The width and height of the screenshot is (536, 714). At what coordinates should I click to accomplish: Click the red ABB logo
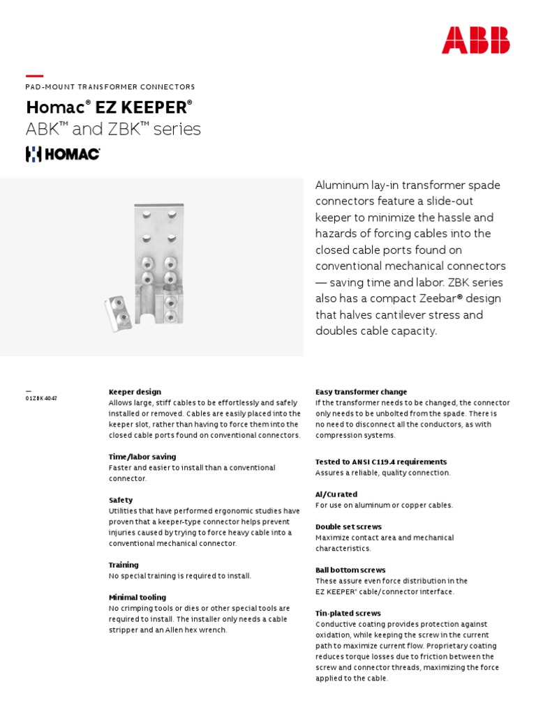point(475,40)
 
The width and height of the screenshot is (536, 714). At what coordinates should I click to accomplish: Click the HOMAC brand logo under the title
point(63,154)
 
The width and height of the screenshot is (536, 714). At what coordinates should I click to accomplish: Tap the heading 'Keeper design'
point(135,392)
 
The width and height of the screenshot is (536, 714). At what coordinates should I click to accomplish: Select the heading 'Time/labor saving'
point(142,457)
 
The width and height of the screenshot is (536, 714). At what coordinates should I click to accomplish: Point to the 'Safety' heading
point(120,500)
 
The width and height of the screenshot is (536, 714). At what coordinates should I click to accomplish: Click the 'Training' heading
point(124,565)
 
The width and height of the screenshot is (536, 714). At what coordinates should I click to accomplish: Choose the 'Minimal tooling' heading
point(137,598)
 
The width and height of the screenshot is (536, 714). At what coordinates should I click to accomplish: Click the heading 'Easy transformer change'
point(361,392)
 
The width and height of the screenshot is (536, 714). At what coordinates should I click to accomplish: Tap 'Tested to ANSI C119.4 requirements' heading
point(381,462)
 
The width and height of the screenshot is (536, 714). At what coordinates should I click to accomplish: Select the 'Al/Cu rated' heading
point(336,494)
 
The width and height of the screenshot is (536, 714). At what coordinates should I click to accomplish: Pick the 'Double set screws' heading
point(348,527)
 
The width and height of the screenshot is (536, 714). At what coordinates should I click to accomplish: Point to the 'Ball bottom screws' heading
point(350,570)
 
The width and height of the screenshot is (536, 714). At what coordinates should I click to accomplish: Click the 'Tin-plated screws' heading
point(348,614)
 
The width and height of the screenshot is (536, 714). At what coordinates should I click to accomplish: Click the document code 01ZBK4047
point(41,398)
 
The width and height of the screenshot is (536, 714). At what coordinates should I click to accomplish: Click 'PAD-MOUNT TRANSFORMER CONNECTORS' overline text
point(110,87)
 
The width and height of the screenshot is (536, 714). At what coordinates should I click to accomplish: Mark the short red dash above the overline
point(34,76)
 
